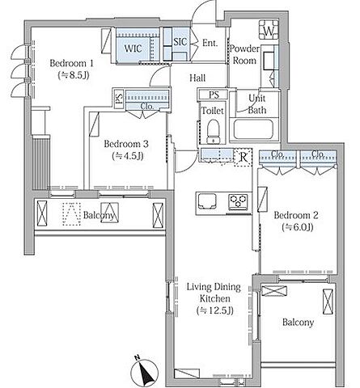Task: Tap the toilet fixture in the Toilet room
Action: click(213, 132)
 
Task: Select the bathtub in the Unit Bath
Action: click(253, 129)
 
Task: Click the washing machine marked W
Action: click(269, 30)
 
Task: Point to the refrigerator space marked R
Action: click(244, 158)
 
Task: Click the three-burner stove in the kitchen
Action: click(238, 202)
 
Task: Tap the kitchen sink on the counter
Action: click(207, 201)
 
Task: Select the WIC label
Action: click(133, 48)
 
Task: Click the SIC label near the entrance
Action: click(180, 42)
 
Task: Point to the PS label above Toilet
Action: click(214, 95)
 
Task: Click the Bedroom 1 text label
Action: click(71, 63)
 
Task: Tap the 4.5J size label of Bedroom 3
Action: click(128, 156)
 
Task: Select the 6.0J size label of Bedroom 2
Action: click(298, 227)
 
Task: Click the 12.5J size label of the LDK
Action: click(215, 310)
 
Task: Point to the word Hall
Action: click(197, 78)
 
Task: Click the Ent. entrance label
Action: click(210, 43)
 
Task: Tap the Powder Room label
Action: click(244, 54)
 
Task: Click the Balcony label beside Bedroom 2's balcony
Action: click(298, 323)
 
